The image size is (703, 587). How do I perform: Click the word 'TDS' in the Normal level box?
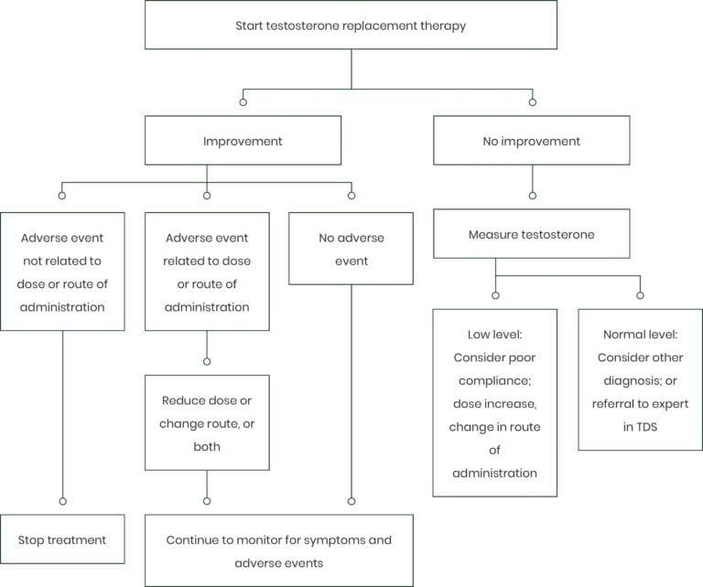647,427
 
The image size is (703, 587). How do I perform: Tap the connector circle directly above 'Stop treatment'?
63,501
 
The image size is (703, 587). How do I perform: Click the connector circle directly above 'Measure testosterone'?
533,196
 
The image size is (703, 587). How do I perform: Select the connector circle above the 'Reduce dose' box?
207,361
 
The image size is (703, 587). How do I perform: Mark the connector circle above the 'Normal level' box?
640,295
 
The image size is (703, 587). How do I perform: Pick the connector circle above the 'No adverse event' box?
351,196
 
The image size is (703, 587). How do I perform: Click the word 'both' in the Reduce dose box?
207,446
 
